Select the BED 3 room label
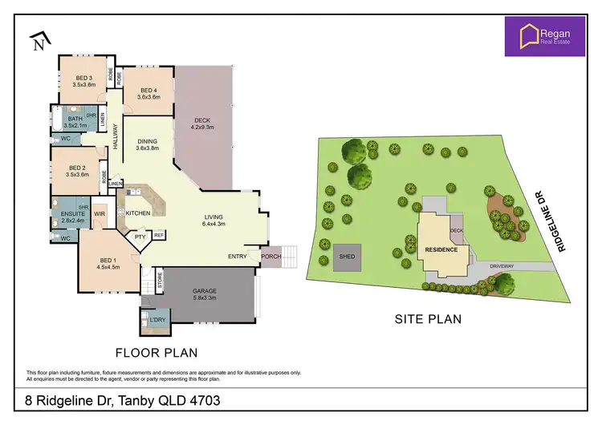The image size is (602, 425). tap(83, 79)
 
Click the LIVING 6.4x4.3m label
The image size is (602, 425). tap(214, 221)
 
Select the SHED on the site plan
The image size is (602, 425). tap(348, 257)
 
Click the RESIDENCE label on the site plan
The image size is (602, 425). tap(441, 249)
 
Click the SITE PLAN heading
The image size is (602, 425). tap(428, 318)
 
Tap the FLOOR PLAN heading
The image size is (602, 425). tap(157, 352)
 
